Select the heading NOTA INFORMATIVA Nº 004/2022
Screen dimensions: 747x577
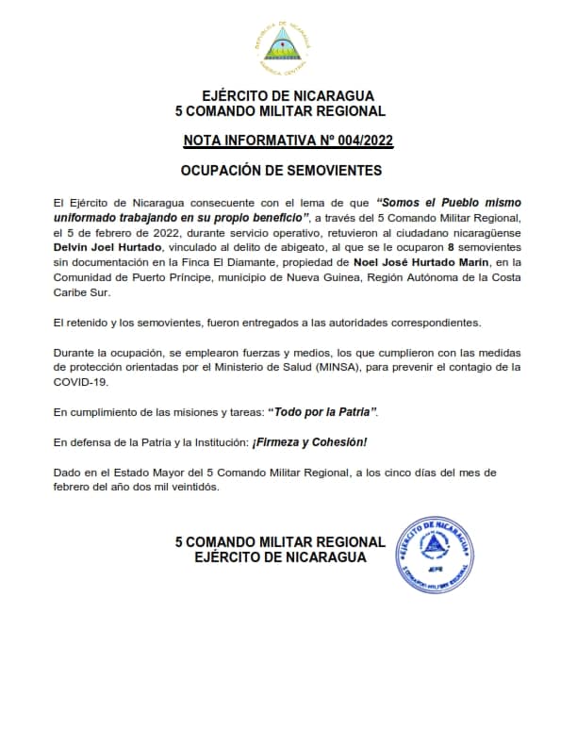[288, 141]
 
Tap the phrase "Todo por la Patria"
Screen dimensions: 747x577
[323, 412]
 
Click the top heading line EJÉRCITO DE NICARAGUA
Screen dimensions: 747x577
[288, 96]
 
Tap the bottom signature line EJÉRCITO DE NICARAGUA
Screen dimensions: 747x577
[281, 557]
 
